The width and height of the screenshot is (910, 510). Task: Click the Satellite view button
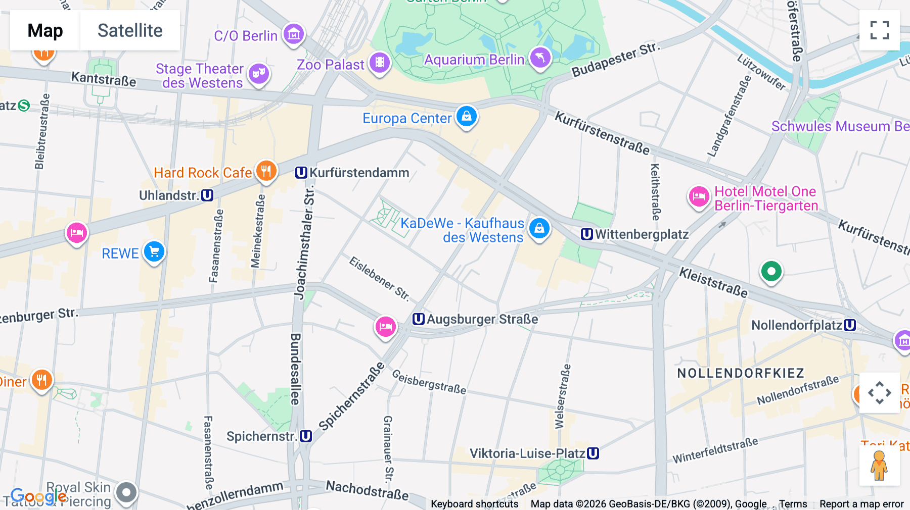pyautogui.click(x=130, y=30)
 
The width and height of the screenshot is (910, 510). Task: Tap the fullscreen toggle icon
pyautogui.click(x=879, y=30)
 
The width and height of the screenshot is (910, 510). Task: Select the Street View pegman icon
pyautogui.click(x=879, y=465)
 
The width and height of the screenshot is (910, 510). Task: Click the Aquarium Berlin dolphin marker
pyautogui.click(x=540, y=58)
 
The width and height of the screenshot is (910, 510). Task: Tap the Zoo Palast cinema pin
pyautogui.click(x=379, y=63)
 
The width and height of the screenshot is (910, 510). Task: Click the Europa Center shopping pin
pyautogui.click(x=466, y=116)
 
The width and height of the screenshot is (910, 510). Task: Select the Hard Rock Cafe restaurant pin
pyautogui.click(x=266, y=171)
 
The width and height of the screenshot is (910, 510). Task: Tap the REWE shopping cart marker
pyautogui.click(x=154, y=251)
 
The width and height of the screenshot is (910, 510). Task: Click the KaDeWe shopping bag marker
pyautogui.click(x=539, y=228)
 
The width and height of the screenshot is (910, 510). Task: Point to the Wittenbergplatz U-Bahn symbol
pyautogui.click(x=586, y=234)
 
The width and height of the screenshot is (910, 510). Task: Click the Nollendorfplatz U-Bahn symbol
pyautogui.click(x=850, y=325)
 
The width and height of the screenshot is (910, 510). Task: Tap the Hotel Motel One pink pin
pyautogui.click(x=699, y=196)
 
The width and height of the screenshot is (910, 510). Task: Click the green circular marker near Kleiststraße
pyautogui.click(x=771, y=271)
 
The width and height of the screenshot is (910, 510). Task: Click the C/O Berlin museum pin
pyautogui.click(x=294, y=34)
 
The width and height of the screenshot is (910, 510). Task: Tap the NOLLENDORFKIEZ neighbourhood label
pyautogui.click(x=741, y=373)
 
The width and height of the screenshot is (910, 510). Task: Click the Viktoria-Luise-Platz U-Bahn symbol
pyautogui.click(x=593, y=453)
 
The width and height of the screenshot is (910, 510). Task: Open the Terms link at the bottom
pyautogui.click(x=793, y=504)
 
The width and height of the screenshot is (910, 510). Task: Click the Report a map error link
pyautogui.click(x=861, y=504)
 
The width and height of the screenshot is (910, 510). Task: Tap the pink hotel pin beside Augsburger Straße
pyautogui.click(x=385, y=326)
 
